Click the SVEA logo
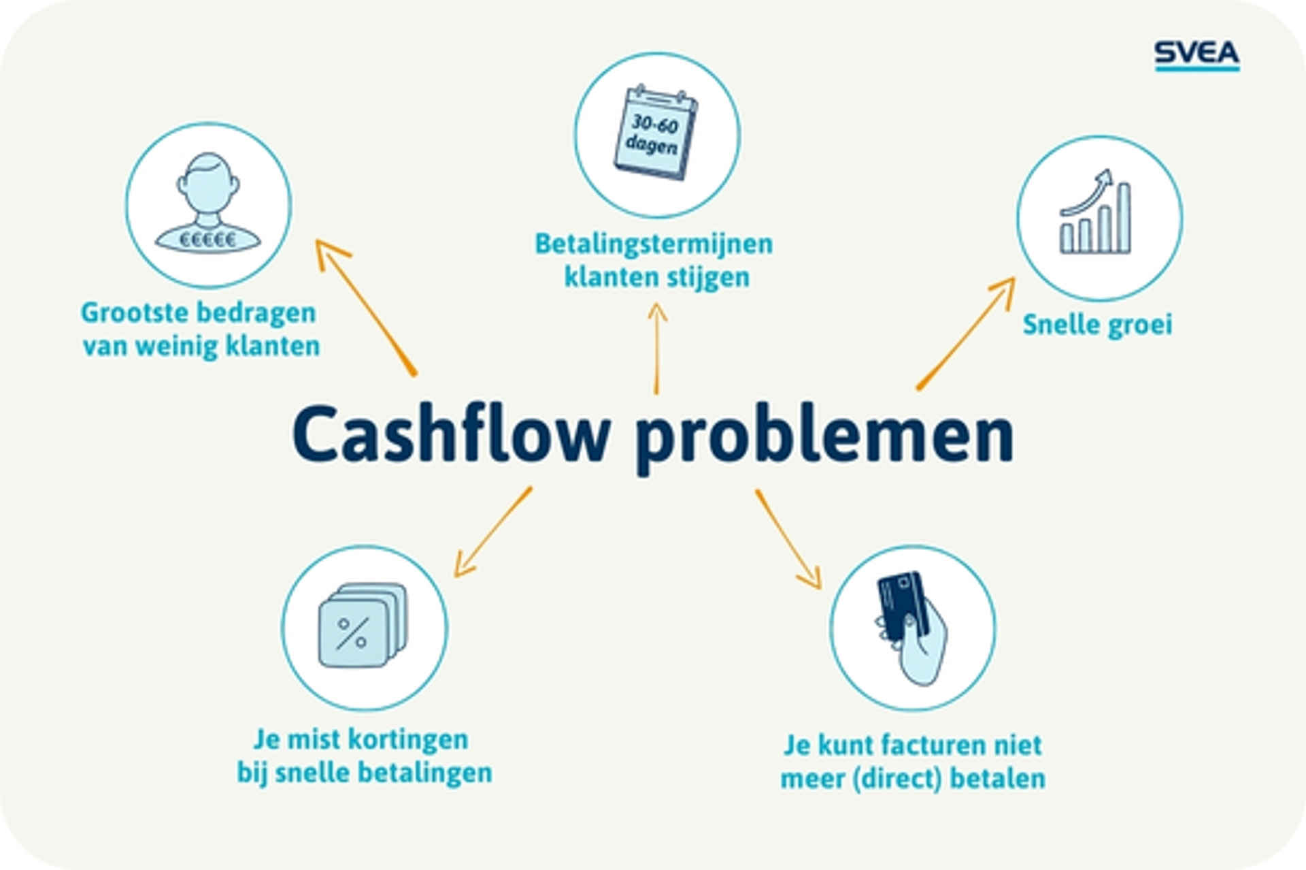click(1196, 54)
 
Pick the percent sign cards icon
click(363, 625)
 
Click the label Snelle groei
click(1097, 325)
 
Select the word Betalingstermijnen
click(654, 244)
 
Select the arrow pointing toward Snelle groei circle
click(966, 334)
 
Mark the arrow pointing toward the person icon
click(365, 306)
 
